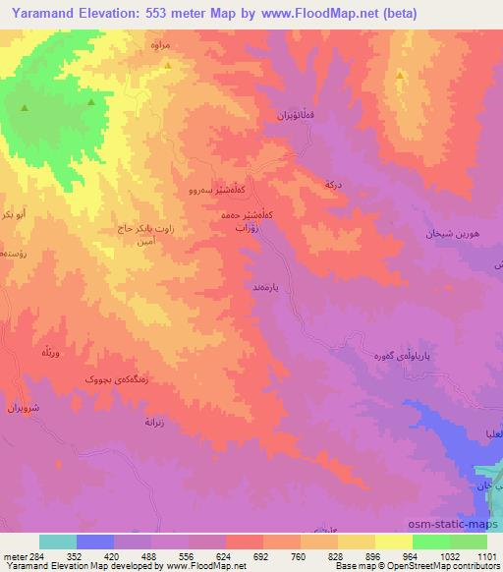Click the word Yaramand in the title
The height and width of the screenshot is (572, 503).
(x=40, y=13)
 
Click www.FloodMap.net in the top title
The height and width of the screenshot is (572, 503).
(x=309, y=13)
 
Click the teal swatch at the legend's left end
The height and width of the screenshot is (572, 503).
(x=58, y=542)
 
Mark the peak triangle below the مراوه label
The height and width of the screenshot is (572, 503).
(x=167, y=66)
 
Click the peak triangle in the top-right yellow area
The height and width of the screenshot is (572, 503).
(x=399, y=75)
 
